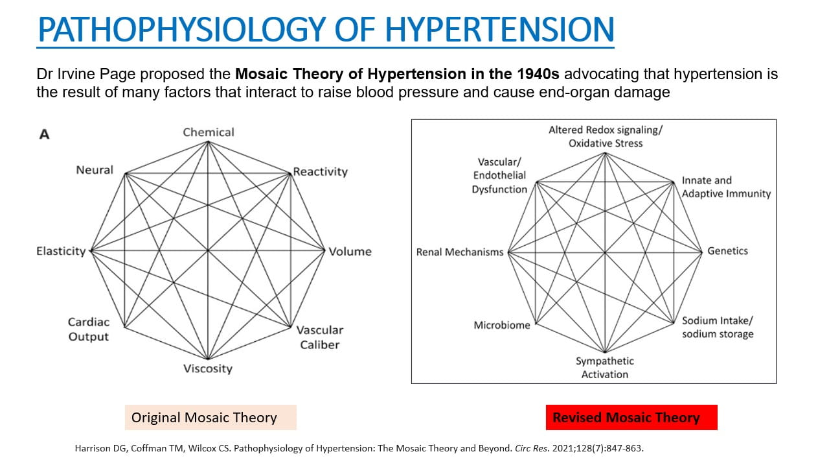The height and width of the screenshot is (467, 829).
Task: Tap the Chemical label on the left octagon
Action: tap(209, 132)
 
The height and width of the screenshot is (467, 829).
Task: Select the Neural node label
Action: tap(95, 170)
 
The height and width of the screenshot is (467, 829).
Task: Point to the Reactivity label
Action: tap(321, 172)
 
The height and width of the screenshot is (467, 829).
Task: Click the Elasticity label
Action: tap(61, 251)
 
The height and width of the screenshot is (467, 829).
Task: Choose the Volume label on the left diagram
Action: tap(350, 252)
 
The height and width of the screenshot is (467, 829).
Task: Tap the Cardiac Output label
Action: tap(89, 329)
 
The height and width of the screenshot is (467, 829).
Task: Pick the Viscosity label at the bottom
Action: tap(207, 368)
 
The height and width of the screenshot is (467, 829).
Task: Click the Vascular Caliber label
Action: tap(320, 337)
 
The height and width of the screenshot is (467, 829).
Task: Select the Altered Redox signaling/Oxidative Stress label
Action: tap(606, 136)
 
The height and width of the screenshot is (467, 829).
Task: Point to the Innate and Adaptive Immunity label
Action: tap(726, 187)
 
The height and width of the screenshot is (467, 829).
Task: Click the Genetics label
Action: tap(727, 251)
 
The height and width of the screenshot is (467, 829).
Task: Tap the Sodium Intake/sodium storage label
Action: tap(718, 328)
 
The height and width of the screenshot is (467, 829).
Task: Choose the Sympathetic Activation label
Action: tap(605, 367)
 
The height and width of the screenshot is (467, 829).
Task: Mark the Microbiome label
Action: tap(502, 325)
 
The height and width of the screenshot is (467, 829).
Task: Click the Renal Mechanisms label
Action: tap(460, 252)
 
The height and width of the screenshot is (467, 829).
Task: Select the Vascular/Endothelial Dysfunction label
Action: tap(499, 175)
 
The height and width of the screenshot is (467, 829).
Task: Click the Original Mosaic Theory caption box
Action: tap(210, 417)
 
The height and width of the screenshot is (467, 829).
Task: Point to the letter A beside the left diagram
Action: tap(45, 135)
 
